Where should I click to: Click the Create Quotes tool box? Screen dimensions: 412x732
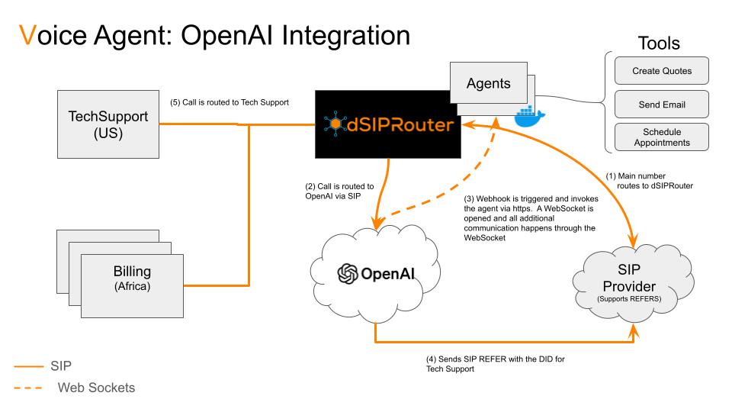pyautogui.click(x=662, y=71)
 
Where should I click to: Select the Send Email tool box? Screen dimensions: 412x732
pyautogui.click(x=662, y=104)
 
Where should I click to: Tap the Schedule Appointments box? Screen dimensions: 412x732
pyautogui.click(x=662, y=137)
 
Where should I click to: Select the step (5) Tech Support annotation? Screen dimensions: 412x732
pyautogui.click(x=229, y=101)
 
